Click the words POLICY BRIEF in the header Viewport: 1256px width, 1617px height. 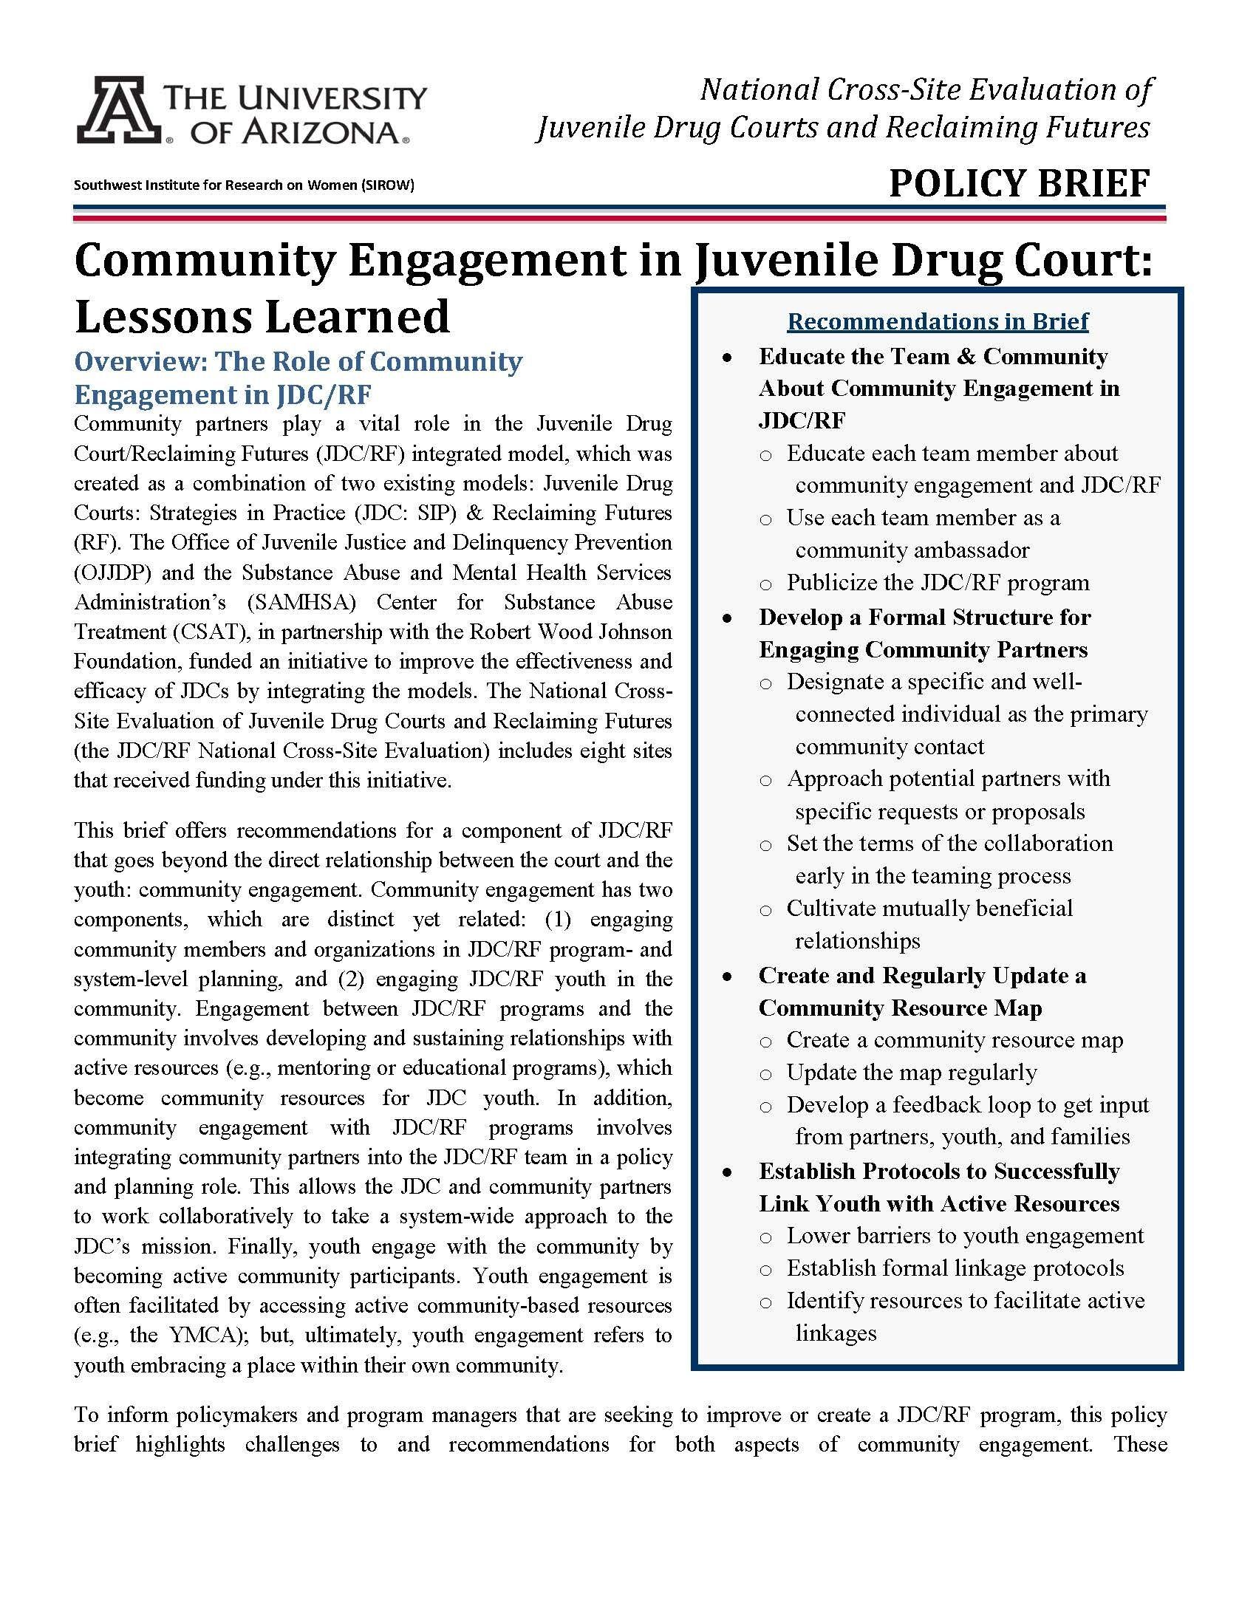[x=1019, y=183]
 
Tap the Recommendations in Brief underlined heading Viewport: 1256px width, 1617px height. [x=938, y=321]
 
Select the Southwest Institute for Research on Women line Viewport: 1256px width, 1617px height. [x=244, y=185]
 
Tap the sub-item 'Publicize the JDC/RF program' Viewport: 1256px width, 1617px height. [x=938, y=583]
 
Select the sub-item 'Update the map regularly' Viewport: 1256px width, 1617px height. [x=911, y=1072]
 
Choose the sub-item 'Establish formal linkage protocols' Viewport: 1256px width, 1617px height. [x=955, y=1268]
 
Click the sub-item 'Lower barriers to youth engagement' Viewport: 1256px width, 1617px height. [x=965, y=1236]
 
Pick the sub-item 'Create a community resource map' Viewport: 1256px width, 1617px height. [x=955, y=1040]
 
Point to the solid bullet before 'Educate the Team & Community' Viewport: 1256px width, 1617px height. [x=728, y=358]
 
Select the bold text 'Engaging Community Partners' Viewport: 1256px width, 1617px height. [x=923, y=649]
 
